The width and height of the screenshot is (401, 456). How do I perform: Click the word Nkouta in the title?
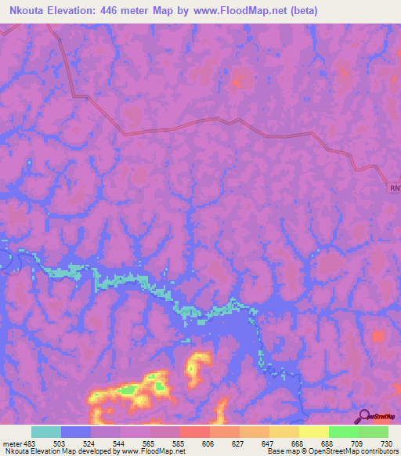23,9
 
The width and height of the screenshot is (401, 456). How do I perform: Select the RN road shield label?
395,188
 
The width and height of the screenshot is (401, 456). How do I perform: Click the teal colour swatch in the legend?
45,432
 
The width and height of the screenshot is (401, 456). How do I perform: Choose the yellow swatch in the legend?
313,432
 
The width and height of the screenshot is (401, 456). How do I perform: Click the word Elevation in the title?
75,9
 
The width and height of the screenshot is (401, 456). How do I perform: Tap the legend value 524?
90,443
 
